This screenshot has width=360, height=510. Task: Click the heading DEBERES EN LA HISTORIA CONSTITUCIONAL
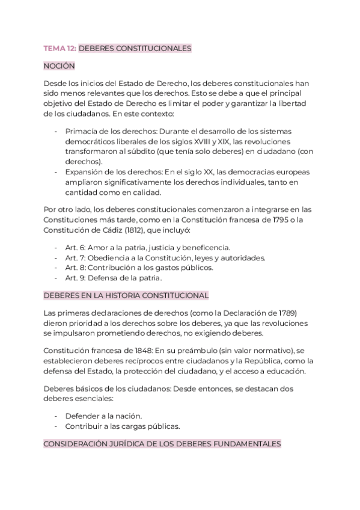[126, 295]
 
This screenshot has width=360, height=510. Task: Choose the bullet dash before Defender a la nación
[56, 416]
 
